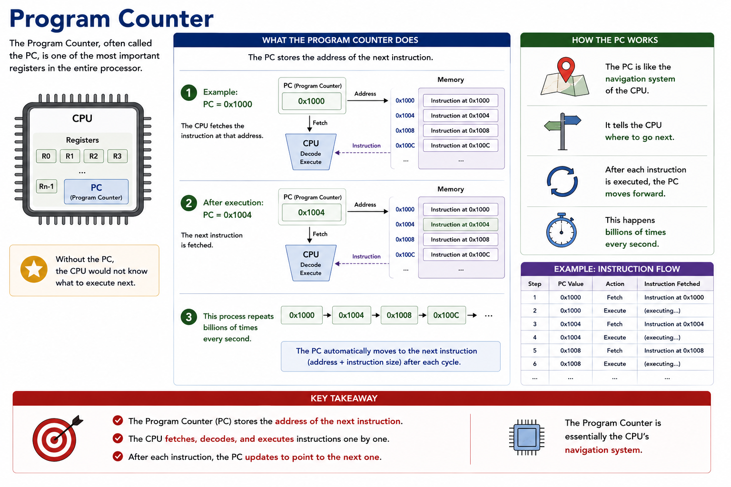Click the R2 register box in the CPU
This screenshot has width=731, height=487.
click(x=94, y=156)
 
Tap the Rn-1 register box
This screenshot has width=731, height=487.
click(x=46, y=186)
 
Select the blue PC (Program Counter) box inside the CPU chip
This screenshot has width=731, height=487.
click(x=96, y=192)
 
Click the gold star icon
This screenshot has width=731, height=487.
click(x=34, y=270)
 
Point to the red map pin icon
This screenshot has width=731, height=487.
click(x=566, y=68)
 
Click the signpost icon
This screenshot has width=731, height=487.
click(x=563, y=131)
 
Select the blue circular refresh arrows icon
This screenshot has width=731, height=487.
click(x=562, y=181)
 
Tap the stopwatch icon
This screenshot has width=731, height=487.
click(x=561, y=231)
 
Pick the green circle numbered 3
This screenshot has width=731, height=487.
click(x=188, y=317)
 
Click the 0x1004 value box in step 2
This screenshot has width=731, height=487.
click(x=312, y=213)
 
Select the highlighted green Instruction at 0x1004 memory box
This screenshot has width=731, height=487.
click(x=461, y=224)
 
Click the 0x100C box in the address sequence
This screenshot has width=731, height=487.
click(x=446, y=315)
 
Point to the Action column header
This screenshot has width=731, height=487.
click(x=615, y=284)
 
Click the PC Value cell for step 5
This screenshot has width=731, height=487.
click(x=571, y=351)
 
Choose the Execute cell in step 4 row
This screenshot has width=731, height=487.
click(x=615, y=337)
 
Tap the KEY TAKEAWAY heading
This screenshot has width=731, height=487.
click(x=344, y=398)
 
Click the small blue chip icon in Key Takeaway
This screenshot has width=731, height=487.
click(x=527, y=437)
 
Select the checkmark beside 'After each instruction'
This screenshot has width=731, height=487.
click(x=118, y=457)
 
